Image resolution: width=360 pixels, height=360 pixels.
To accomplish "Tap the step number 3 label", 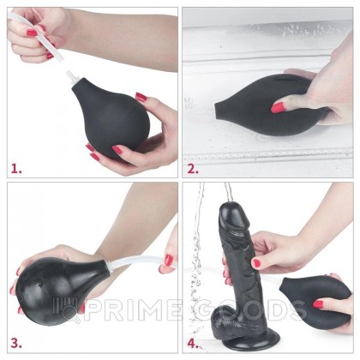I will point(15,344).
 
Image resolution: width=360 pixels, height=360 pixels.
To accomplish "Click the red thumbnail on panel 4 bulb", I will point(318,303).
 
